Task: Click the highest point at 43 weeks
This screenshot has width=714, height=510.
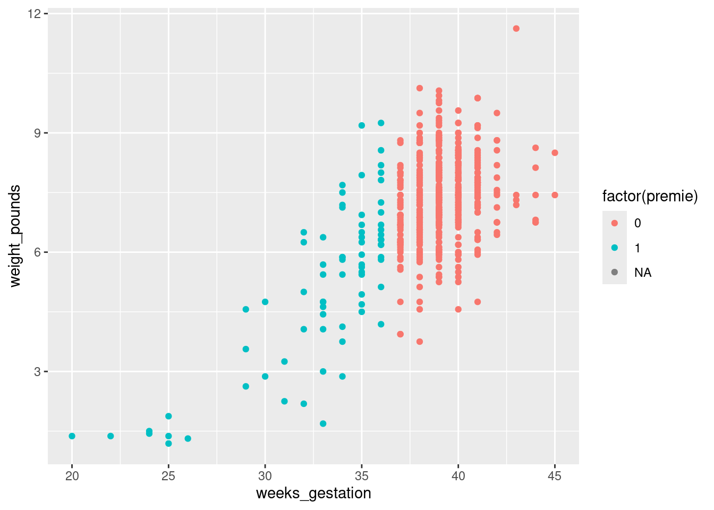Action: coord(516,29)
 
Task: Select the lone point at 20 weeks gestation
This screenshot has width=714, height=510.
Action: coord(72,436)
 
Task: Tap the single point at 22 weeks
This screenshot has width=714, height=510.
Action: coord(110,436)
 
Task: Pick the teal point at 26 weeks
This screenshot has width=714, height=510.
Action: coord(188,438)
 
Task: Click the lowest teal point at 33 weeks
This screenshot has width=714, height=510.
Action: coord(323,423)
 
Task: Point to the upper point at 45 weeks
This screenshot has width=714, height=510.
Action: coord(555,153)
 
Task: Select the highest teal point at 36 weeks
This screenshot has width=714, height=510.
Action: coord(381,123)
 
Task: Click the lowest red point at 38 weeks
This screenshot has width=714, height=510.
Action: coord(420,342)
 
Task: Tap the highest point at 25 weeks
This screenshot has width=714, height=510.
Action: coord(168,416)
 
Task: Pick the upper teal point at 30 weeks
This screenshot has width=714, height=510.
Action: coord(265,302)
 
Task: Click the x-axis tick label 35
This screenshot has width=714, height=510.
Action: coord(362,477)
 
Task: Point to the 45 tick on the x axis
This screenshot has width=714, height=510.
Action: coord(555,477)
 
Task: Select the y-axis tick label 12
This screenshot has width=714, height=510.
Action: coord(35,13)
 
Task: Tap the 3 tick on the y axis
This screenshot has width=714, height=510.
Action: coord(38,372)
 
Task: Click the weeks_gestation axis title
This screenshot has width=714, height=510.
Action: coord(313,494)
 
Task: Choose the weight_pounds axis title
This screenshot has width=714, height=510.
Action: coord(15,236)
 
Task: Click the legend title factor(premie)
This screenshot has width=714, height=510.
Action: coord(650,197)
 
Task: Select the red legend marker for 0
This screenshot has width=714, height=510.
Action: coord(615,223)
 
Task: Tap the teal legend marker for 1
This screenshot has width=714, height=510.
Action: coord(615,248)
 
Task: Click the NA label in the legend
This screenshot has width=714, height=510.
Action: coord(643,273)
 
